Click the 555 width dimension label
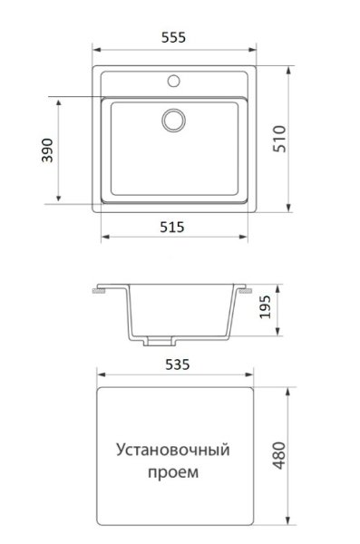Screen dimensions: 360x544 173,37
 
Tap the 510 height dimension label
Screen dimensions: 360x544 279,139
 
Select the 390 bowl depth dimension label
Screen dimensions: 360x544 47,151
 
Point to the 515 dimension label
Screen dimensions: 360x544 172,228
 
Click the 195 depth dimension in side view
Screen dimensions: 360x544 266,306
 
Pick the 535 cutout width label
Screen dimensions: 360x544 178,364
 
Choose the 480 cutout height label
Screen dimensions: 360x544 279,455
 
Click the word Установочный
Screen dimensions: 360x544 173,450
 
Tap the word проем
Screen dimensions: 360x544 173,472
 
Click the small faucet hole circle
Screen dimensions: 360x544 173,82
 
